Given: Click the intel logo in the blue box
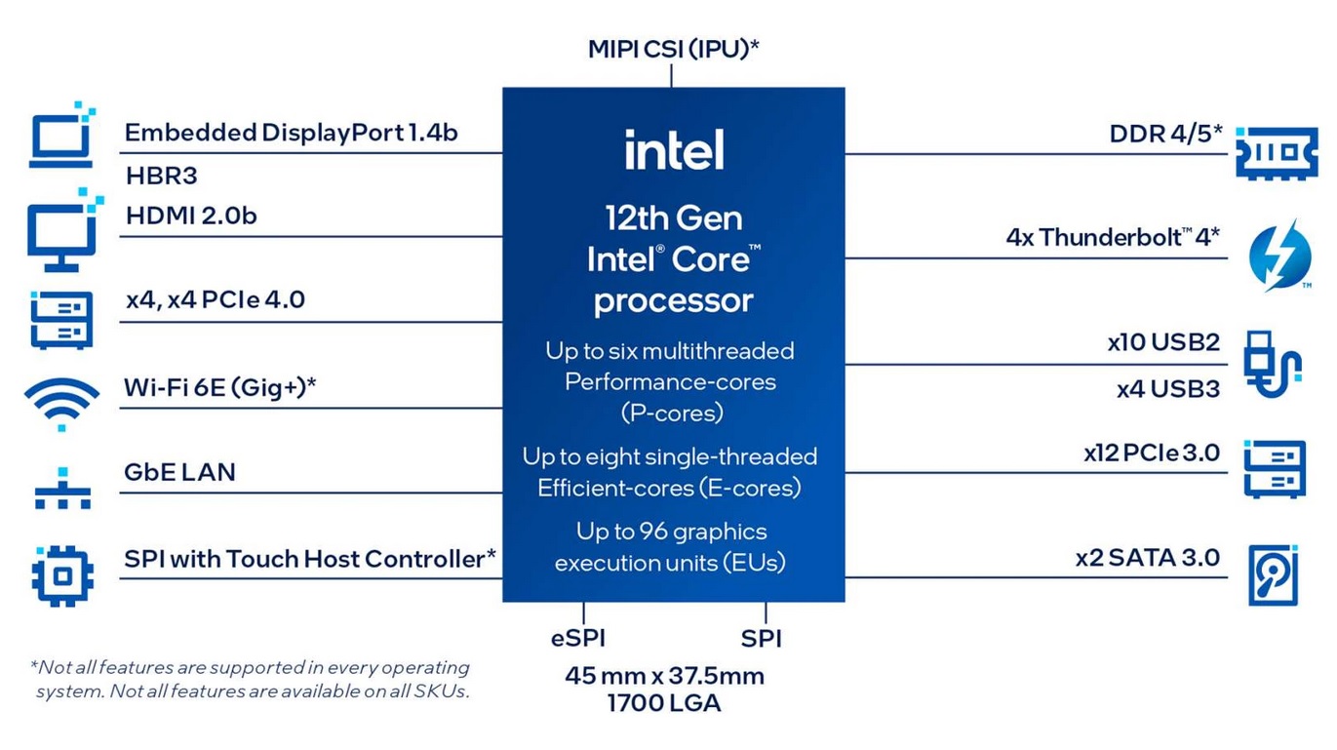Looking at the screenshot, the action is [674, 149].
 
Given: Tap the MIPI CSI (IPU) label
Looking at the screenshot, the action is [673, 49].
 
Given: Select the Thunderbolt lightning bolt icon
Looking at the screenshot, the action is [1280, 256].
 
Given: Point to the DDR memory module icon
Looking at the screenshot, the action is [1277, 153].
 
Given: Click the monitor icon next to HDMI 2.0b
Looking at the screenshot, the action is [64, 230].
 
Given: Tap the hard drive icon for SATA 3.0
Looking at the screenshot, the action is [1274, 575].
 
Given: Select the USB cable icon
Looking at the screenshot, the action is [1272, 364].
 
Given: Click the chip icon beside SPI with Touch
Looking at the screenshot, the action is [62, 575].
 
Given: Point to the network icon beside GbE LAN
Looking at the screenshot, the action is [62, 489].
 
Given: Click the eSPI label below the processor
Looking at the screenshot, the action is [577, 639].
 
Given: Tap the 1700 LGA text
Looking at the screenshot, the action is [664, 703].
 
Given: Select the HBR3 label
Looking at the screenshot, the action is [161, 176].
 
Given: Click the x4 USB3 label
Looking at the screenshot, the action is [1168, 389].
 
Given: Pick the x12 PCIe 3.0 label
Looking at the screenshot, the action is [1152, 453].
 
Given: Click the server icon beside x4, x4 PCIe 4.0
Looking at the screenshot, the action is [61, 320].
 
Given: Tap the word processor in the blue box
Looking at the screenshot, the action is [673, 301].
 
